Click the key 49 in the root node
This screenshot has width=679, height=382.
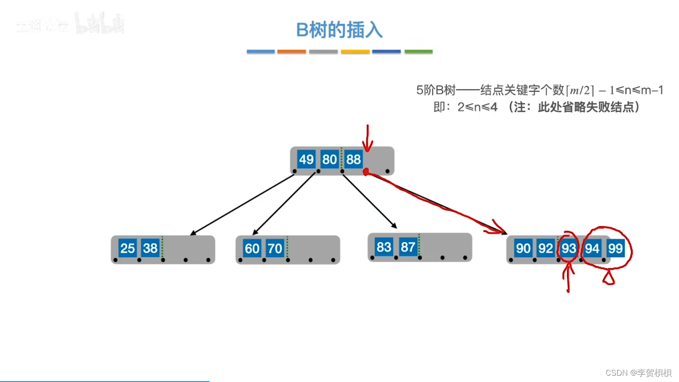(306, 160)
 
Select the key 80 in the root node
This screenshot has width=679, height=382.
(329, 160)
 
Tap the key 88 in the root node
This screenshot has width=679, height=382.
(353, 160)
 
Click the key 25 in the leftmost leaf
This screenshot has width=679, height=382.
(127, 248)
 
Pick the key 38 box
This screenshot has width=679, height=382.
(150, 248)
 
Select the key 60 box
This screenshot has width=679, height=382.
(252, 248)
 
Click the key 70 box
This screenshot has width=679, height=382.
(275, 248)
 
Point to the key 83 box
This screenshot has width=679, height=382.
(384, 247)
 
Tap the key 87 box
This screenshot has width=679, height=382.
(408, 247)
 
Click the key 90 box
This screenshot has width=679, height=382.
(523, 249)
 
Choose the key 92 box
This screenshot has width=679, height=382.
(545, 249)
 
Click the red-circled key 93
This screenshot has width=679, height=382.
(568, 249)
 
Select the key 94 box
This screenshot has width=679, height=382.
(592, 249)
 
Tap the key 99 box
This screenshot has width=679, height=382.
(615, 249)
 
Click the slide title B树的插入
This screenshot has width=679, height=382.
(339, 30)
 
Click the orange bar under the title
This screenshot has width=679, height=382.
(291, 52)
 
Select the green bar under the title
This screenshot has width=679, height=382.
(418, 52)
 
